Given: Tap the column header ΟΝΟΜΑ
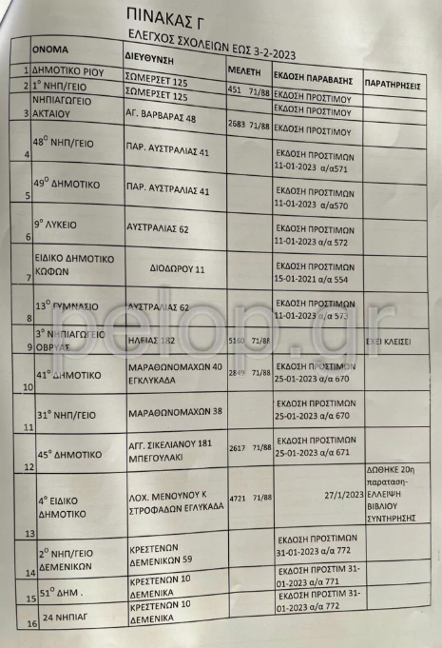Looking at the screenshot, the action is point(50,48).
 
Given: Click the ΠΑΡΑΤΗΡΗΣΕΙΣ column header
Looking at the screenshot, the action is point(393,84).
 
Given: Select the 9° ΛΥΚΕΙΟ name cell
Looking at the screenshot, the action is point(59,226).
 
